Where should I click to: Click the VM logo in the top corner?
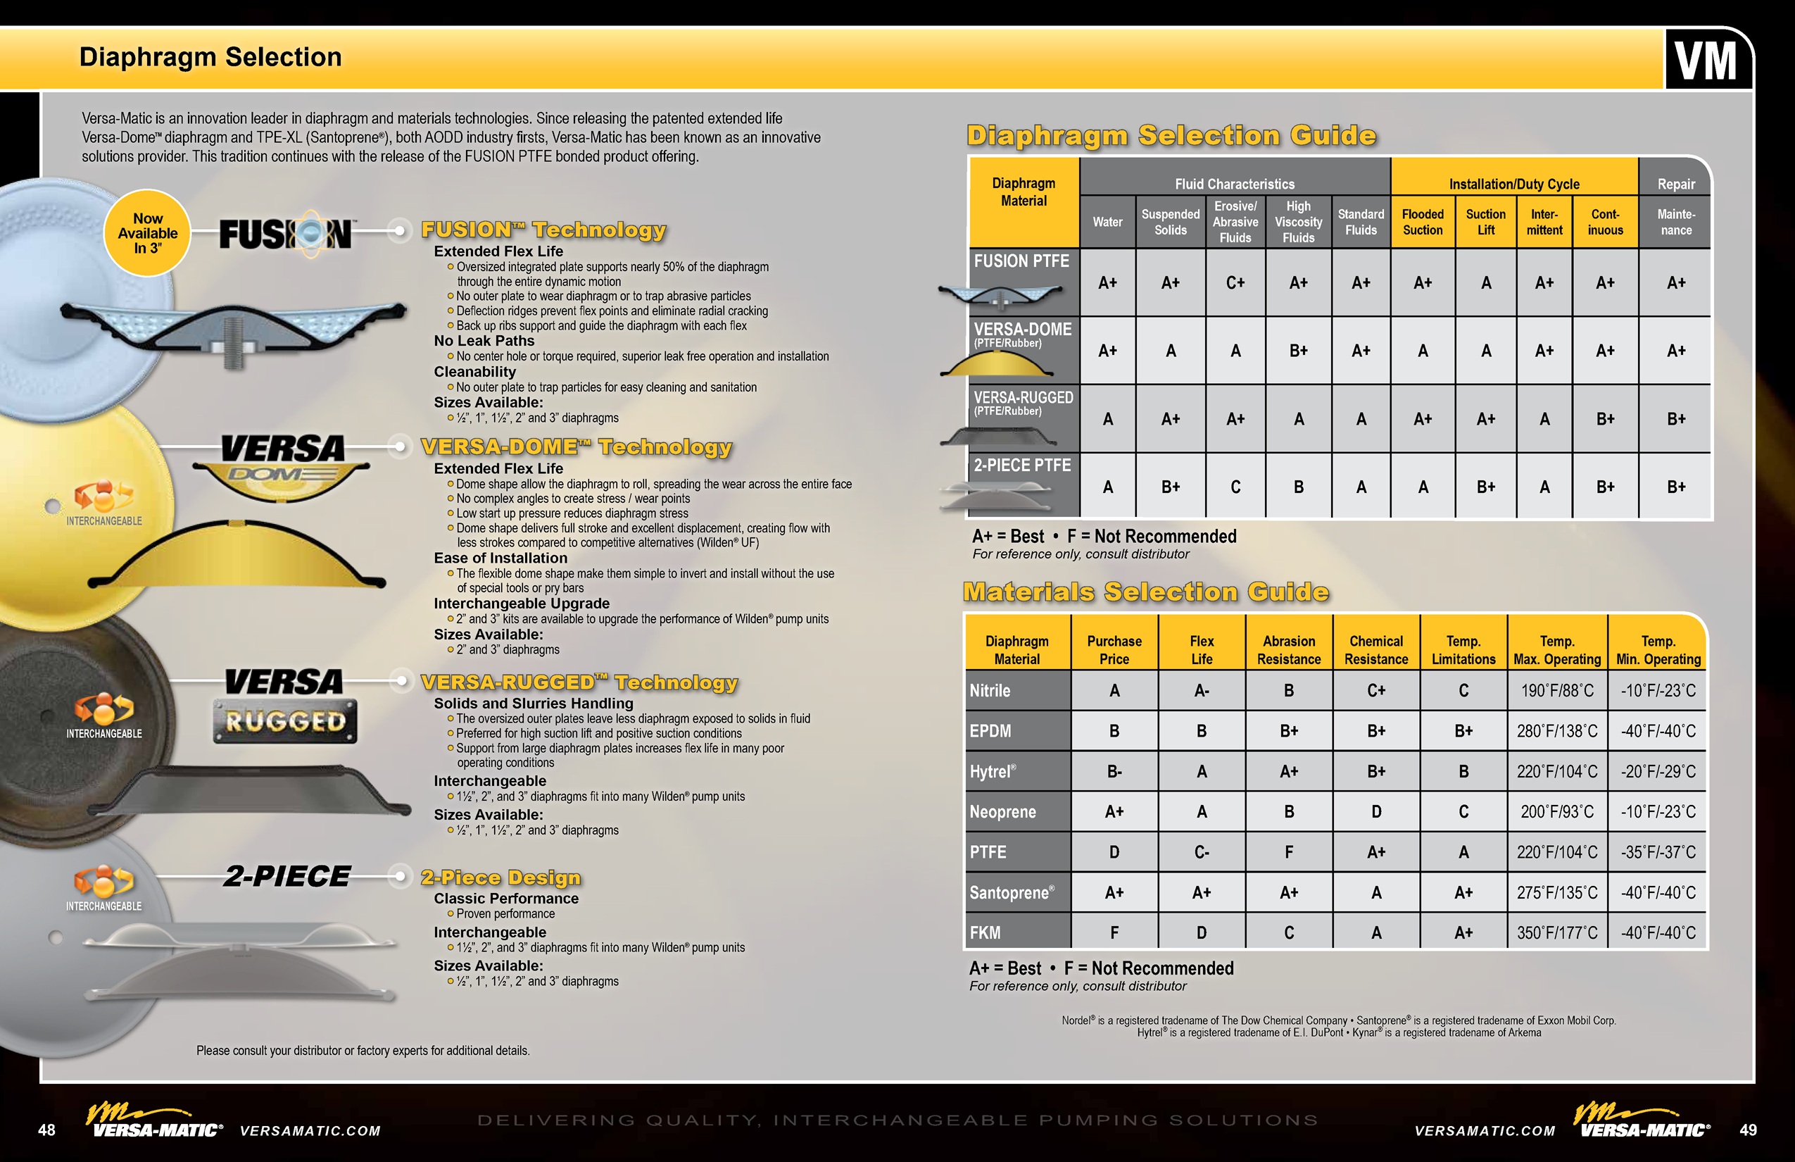[x=1706, y=61]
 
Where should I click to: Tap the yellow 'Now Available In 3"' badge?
[x=148, y=232]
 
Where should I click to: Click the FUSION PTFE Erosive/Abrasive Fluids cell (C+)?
[x=1235, y=283]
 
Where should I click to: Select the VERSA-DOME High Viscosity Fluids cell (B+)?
[x=1298, y=351]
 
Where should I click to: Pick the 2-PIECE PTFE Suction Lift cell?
[x=1485, y=487]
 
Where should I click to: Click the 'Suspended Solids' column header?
[x=1170, y=222]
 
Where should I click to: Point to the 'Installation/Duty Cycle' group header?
[x=1513, y=183]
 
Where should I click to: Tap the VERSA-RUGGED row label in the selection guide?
[x=1023, y=402]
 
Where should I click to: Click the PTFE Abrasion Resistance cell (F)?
[x=1288, y=852]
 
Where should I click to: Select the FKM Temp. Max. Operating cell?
[x=1556, y=932]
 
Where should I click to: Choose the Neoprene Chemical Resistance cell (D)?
[x=1375, y=812]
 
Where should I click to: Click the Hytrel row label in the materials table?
[x=993, y=771]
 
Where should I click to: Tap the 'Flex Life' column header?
[x=1202, y=649]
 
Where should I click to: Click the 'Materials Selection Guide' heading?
[x=1146, y=592]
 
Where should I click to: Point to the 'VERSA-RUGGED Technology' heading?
[x=579, y=682]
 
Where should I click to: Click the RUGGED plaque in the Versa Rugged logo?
[x=285, y=722]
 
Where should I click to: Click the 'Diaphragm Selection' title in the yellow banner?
[x=210, y=57]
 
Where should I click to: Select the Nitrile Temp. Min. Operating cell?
[x=1658, y=690]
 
